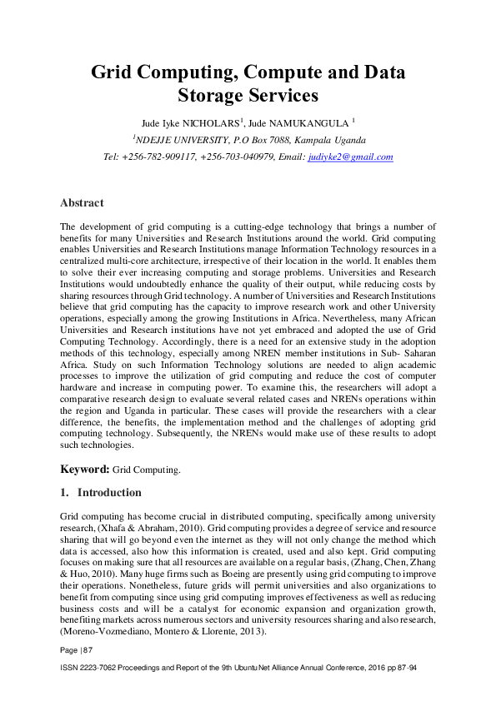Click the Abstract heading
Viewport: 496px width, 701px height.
82,202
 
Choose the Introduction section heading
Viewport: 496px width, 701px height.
109,492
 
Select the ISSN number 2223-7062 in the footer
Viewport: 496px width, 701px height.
97,669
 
